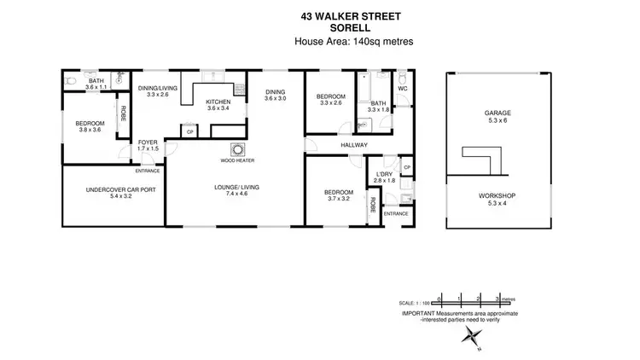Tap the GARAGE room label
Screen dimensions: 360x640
[x=497, y=112]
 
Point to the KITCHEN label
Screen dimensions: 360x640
[x=218, y=102]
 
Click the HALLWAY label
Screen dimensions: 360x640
[x=353, y=145]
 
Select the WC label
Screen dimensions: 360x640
[x=402, y=89]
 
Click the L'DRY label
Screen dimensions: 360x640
[x=383, y=173]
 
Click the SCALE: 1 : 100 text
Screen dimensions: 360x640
[x=416, y=303]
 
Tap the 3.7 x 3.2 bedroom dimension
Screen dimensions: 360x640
[x=338, y=199]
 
